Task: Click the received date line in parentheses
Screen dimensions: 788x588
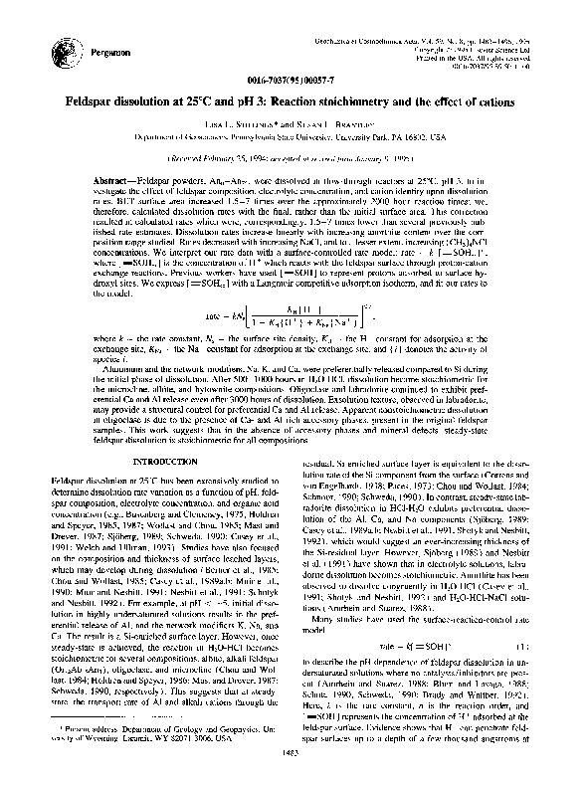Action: tap(294, 157)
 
